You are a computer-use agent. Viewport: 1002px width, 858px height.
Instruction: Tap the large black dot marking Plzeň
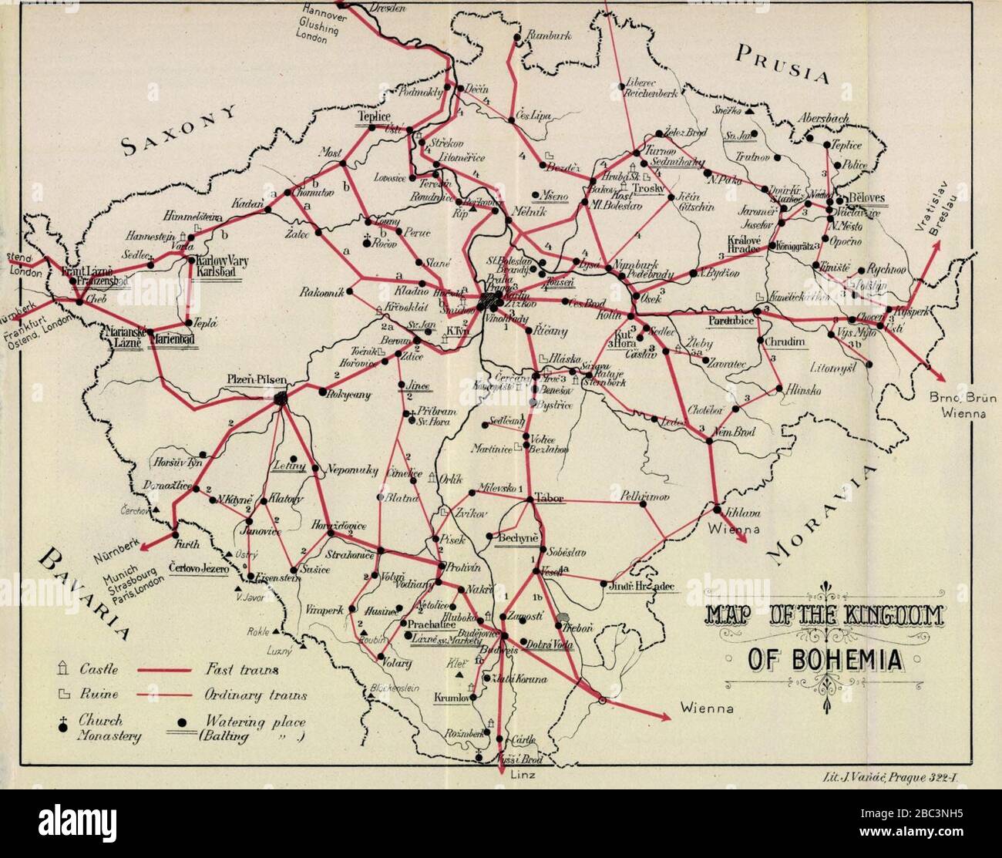tap(281, 398)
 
